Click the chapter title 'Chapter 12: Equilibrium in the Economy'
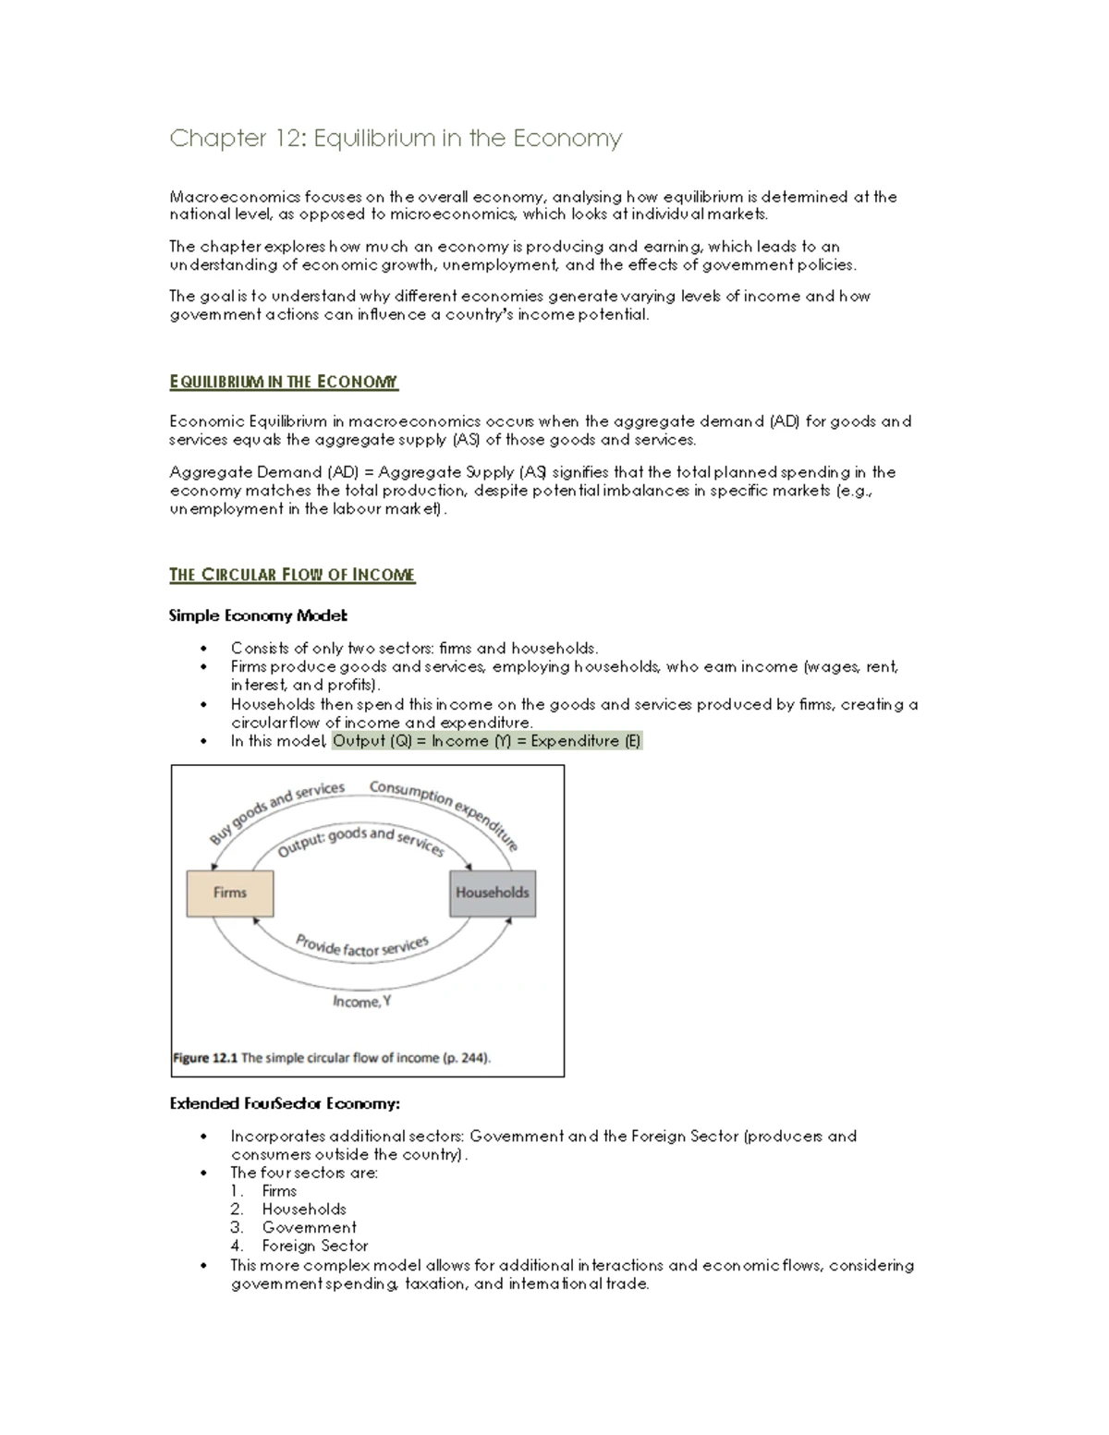click(396, 139)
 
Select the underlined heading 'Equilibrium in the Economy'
click(284, 382)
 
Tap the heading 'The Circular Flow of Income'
click(292, 575)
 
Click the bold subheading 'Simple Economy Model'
click(258, 615)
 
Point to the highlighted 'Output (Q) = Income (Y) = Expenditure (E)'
click(486, 741)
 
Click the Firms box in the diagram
click(230, 893)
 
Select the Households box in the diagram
click(492, 893)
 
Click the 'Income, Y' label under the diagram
click(361, 1002)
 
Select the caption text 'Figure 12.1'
click(205, 1058)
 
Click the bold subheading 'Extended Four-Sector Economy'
click(285, 1104)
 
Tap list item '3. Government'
click(308, 1228)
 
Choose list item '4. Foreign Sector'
click(314, 1247)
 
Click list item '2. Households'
click(303, 1210)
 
